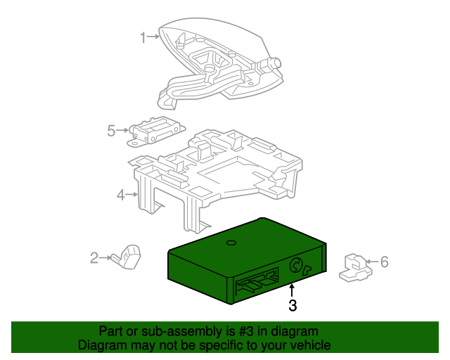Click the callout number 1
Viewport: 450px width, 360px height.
(x=143, y=37)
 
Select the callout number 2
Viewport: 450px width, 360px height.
(x=94, y=258)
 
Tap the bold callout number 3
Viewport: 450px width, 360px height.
(x=292, y=305)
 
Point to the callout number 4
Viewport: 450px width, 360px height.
(x=120, y=195)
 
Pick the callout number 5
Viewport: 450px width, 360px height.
(x=111, y=130)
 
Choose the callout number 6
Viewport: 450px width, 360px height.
(x=384, y=262)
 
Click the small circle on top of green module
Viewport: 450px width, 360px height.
(x=230, y=243)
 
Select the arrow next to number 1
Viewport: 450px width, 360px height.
(x=153, y=37)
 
